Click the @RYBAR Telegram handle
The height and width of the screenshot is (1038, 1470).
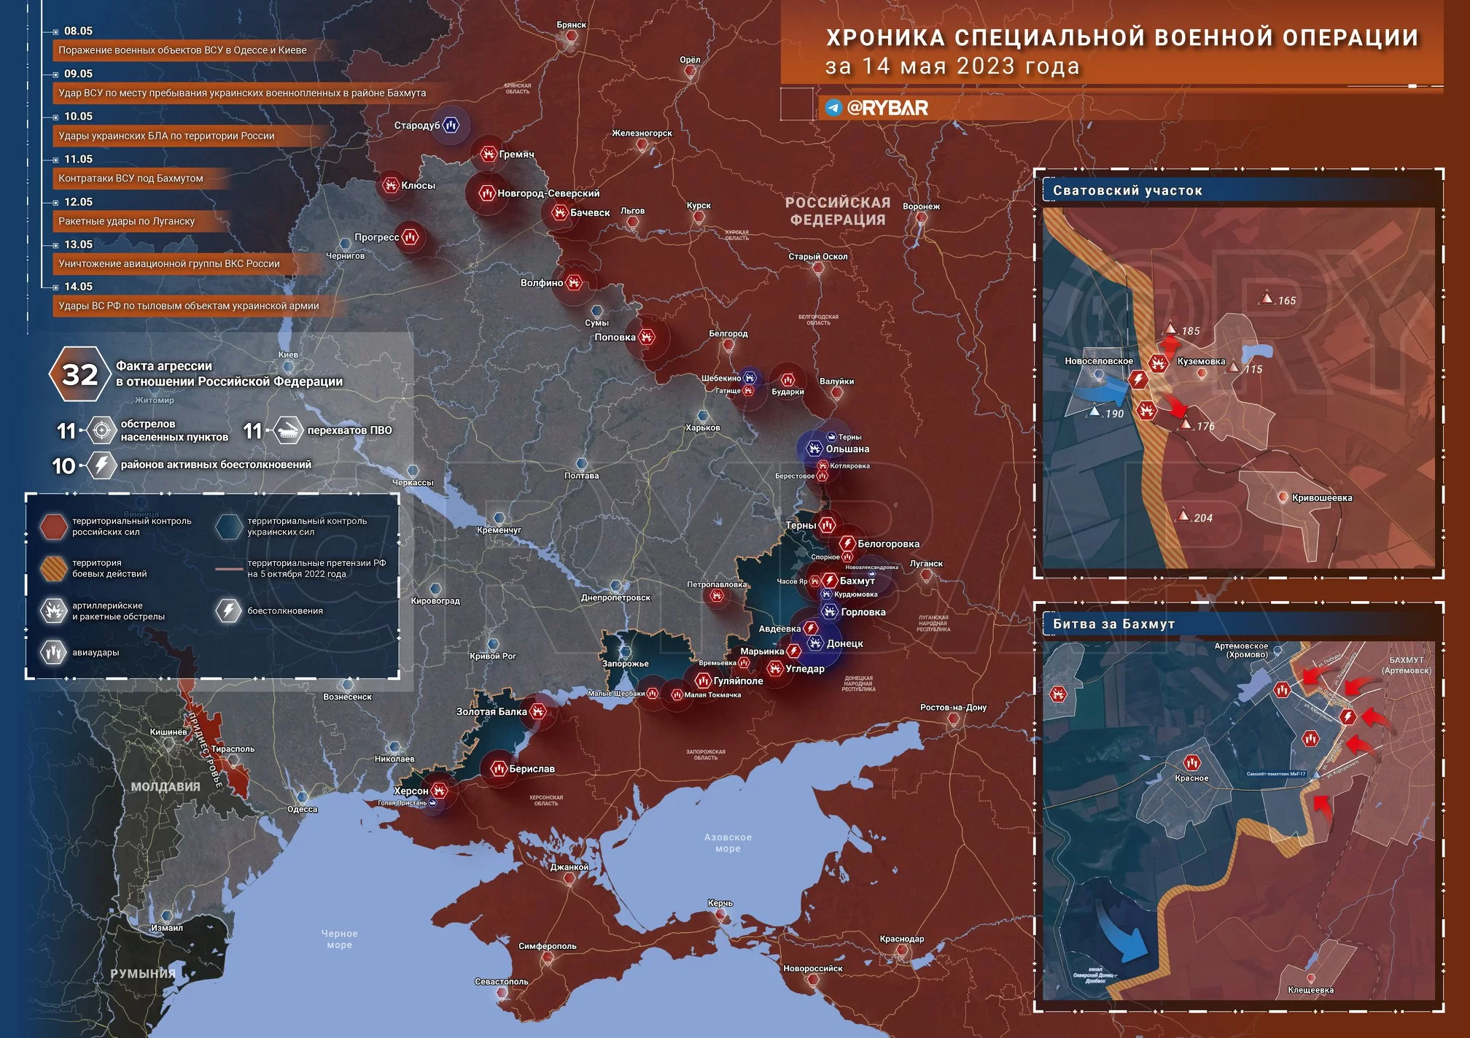pyautogui.click(x=887, y=108)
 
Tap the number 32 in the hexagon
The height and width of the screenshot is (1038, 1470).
pyautogui.click(x=79, y=374)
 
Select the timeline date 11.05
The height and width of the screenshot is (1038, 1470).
pyautogui.click(x=78, y=159)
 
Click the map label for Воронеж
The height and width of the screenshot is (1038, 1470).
pyautogui.click(x=921, y=206)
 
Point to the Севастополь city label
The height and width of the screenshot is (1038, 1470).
pyautogui.click(x=501, y=981)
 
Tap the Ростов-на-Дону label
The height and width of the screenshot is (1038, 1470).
pyautogui.click(x=953, y=707)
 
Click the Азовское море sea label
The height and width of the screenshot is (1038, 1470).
pyautogui.click(x=728, y=843)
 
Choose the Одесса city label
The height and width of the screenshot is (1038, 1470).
pyautogui.click(x=302, y=809)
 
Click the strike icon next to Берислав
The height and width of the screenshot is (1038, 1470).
pyautogui.click(x=499, y=768)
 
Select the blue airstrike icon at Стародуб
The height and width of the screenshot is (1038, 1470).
pyautogui.click(x=451, y=125)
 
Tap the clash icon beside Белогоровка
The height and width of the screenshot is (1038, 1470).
pyautogui.click(x=847, y=543)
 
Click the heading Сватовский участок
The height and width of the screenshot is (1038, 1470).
pyautogui.click(x=1127, y=191)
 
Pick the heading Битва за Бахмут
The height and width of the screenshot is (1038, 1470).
pyautogui.click(x=1113, y=624)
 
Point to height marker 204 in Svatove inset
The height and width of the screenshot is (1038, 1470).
pyautogui.click(x=1202, y=518)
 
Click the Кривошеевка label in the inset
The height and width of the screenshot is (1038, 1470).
pyautogui.click(x=1321, y=498)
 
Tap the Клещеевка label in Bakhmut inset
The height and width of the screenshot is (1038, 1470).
pyautogui.click(x=1310, y=990)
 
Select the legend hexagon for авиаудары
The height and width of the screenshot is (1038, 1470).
pyautogui.click(x=53, y=652)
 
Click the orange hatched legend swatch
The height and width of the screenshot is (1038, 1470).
pyautogui.click(x=53, y=568)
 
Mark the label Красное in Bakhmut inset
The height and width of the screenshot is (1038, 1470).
pyautogui.click(x=1191, y=778)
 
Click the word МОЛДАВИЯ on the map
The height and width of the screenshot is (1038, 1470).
pyautogui.click(x=166, y=786)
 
